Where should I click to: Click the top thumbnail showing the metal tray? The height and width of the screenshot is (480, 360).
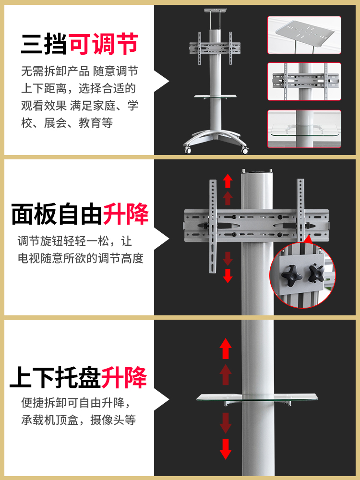point(304,35)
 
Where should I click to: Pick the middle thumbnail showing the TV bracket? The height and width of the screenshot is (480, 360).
point(304,82)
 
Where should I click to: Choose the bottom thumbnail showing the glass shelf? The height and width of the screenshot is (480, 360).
point(304,129)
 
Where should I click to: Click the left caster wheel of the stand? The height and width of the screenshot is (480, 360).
point(188,150)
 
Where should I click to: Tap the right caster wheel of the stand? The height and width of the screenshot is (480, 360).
point(245,150)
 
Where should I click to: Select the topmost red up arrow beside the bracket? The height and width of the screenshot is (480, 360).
point(228,180)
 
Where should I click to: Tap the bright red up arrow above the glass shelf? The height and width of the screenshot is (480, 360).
point(225,348)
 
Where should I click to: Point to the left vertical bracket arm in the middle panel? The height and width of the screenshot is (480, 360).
point(213,226)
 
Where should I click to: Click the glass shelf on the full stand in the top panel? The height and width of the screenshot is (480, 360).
point(216,96)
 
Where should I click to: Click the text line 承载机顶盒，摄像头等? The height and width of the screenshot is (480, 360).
point(79,420)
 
